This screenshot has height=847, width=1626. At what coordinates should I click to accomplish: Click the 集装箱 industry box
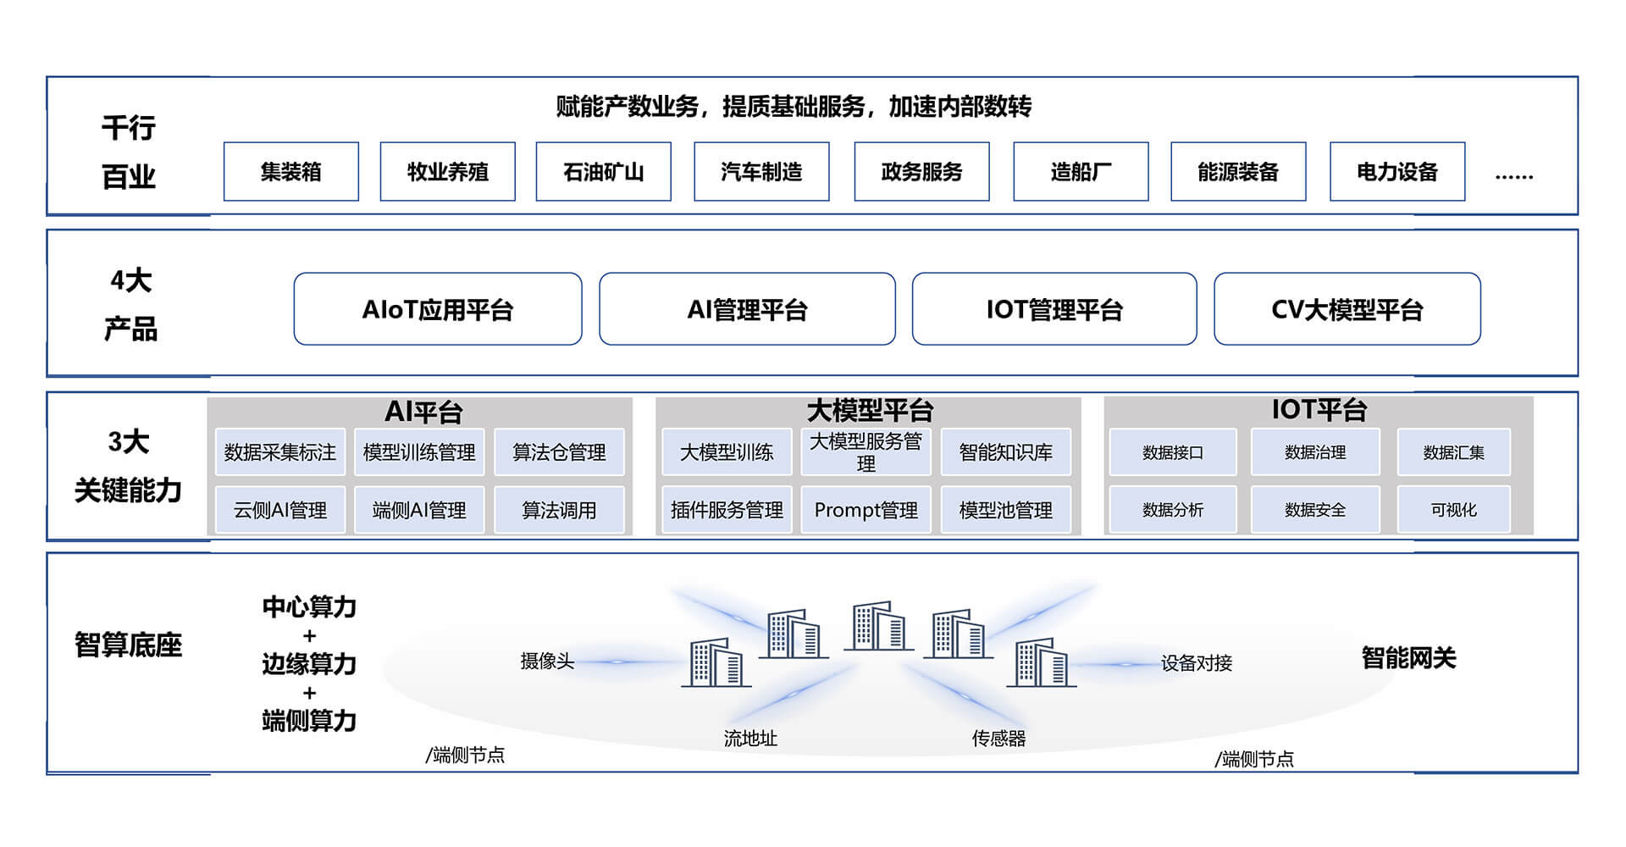tap(290, 172)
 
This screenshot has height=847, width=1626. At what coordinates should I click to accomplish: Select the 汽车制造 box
tap(760, 172)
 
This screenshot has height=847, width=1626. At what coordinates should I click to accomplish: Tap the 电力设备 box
tap(1396, 172)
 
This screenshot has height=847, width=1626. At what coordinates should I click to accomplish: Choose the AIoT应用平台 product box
tap(437, 309)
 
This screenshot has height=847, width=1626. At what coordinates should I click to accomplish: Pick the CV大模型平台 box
tap(1347, 309)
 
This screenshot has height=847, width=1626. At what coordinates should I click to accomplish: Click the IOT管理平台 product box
tap(1054, 309)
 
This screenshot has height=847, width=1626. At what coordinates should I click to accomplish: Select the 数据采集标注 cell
tap(279, 452)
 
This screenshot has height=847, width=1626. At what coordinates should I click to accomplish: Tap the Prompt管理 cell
tap(866, 510)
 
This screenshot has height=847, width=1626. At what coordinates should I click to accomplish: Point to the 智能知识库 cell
tap(1005, 452)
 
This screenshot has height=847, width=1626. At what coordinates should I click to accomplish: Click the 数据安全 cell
tap(1314, 510)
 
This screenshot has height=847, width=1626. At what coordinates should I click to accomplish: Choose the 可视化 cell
tap(1453, 510)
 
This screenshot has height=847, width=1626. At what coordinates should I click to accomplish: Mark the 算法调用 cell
tap(559, 510)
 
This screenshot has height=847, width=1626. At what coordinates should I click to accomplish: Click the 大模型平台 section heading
tap(869, 411)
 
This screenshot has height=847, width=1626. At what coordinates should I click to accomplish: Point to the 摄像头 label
tap(547, 662)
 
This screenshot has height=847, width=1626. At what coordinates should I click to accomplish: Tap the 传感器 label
tap(998, 739)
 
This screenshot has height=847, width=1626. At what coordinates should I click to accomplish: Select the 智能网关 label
tap(1408, 658)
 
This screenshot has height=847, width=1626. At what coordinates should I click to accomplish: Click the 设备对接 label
tap(1196, 663)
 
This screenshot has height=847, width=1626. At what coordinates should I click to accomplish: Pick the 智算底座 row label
tap(128, 645)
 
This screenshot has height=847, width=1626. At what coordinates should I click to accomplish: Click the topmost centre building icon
tap(878, 626)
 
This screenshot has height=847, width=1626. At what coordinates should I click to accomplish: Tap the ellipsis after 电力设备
tap(1513, 176)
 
